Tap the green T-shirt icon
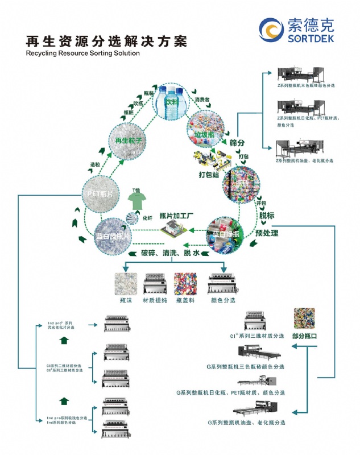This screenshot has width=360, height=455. tap(136, 200)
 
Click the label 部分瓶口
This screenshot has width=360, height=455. tap(304, 336)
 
